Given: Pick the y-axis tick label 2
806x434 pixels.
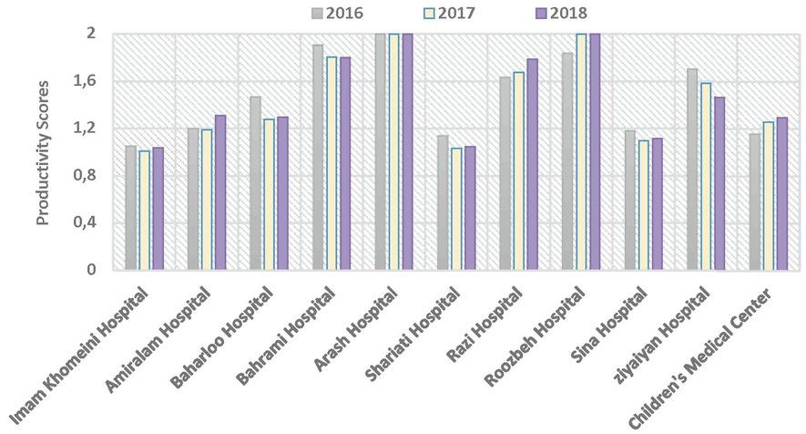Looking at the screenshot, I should click(91, 34).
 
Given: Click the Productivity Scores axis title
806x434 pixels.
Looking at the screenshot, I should click(42, 151).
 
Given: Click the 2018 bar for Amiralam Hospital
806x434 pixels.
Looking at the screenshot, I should click(219, 192).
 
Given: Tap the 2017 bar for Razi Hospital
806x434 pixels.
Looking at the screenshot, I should click(518, 170).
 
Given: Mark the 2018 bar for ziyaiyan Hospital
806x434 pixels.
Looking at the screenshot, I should click(719, 183).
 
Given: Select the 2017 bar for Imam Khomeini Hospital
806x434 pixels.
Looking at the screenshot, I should click(144, 211).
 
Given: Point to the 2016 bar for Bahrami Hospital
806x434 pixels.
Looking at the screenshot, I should click(318, 157).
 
